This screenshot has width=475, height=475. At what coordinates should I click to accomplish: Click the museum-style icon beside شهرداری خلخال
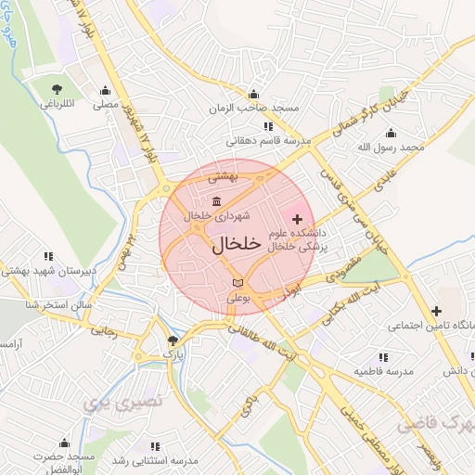coord(216,202)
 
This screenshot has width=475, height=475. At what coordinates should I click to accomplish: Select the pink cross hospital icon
coord(297,219)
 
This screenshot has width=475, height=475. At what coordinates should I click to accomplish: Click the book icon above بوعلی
coord(237,282)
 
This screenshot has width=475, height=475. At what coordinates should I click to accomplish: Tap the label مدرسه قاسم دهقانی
coord(266,141)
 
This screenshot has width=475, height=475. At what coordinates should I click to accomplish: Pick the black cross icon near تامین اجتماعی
coord(435,311)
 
